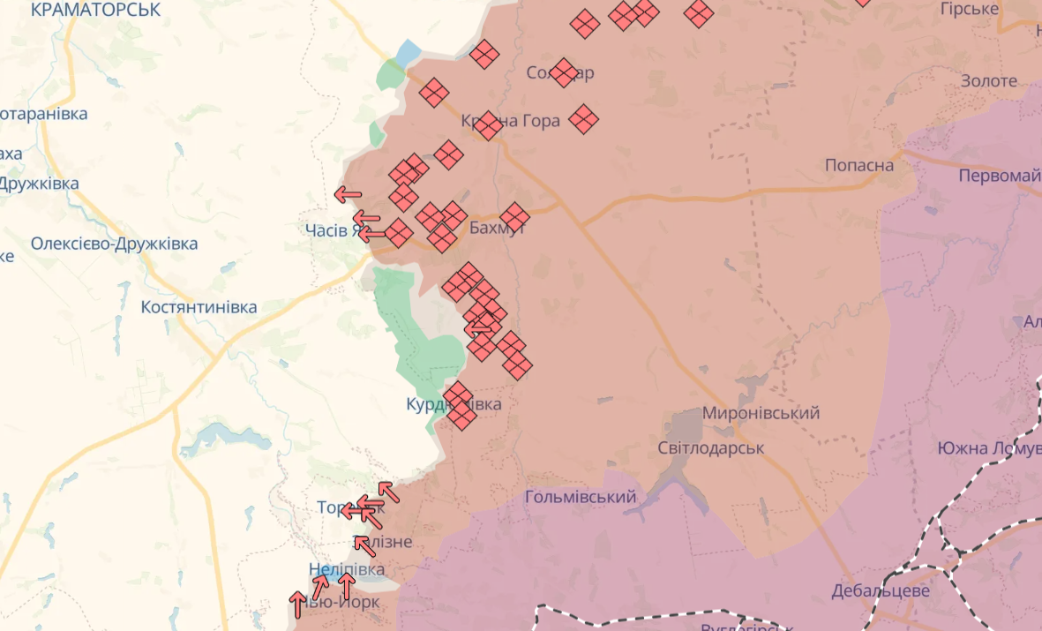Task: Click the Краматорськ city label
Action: (95, 10)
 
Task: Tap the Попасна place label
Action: (858, 165)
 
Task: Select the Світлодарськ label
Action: (710, 447)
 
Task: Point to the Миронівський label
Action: (761, 412)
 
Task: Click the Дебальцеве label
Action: (880, 590)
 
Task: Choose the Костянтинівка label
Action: (199, 307)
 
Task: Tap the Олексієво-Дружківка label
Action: (114, 244)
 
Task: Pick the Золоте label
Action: (989, 81)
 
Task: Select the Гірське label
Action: (969, 9)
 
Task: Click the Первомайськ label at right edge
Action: (1000, 176)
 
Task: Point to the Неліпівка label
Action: (347, 569)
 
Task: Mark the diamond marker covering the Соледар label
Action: (564, 72)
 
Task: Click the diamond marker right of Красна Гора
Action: (583, 118)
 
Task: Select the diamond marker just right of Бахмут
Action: (514, 217)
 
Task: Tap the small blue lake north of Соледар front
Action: (408, 54)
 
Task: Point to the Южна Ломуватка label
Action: (989, 448)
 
